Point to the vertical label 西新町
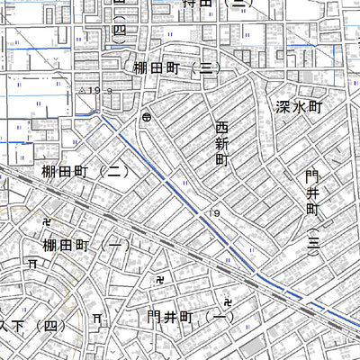point(221,143)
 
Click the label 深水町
point(298,105)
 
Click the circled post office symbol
point(146,117)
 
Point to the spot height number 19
point(215,212)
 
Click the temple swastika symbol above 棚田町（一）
point(47,220)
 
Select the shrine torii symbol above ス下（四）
point(32,264)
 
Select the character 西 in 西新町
point(221,128)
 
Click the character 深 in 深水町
point(281,105)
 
